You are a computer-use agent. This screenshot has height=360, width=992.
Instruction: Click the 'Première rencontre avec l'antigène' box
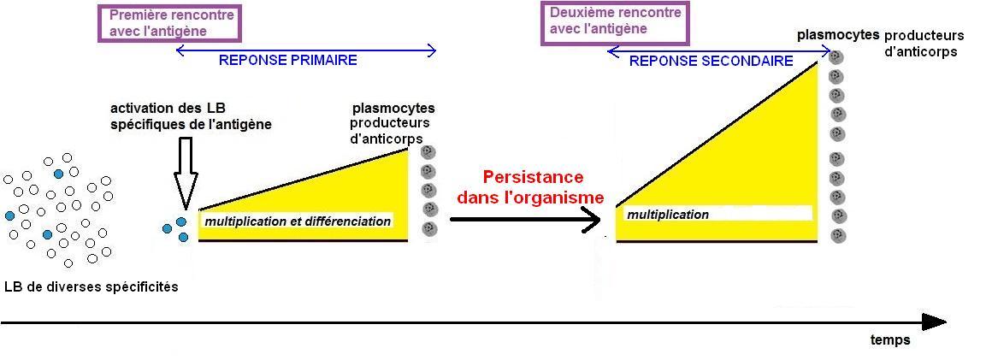169,22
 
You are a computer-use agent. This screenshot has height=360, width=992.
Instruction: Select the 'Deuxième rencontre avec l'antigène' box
614,21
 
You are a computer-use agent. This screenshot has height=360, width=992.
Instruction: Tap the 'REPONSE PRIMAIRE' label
288,61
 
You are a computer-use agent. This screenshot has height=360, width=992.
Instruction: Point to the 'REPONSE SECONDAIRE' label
711,62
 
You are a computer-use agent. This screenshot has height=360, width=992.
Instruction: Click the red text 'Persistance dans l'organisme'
531,187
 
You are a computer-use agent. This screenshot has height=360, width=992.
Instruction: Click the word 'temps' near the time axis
890,340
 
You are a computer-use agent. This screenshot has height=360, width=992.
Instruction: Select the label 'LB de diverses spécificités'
92,287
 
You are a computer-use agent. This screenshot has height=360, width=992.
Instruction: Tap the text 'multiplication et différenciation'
298,221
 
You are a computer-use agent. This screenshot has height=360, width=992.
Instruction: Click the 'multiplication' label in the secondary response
668,215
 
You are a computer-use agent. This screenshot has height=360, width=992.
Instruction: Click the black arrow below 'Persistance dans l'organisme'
525,220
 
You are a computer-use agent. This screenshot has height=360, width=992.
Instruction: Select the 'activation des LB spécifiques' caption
191,116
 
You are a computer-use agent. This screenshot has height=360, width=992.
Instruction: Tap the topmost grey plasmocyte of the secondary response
836,57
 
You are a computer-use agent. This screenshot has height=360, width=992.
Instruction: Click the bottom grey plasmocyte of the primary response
429,229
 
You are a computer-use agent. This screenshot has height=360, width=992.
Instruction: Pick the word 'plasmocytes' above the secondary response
837,35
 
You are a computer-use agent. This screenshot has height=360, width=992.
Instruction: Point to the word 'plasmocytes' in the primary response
393,109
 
